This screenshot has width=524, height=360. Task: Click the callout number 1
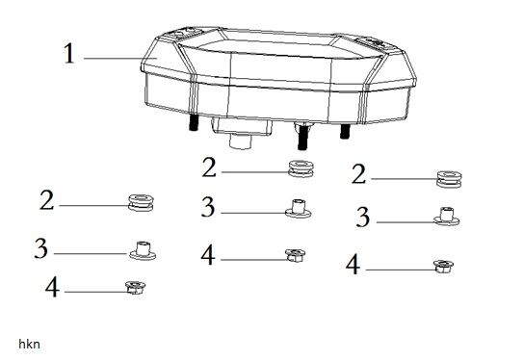pos(69,54)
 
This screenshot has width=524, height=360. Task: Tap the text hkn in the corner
pos(30,344)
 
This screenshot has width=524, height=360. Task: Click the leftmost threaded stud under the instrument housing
pos(194,122)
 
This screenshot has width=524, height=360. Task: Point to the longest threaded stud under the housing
pos(302,136)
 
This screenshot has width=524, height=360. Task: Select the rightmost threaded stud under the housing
pos(345,131)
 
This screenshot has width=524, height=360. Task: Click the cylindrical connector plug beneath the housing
pos(241,141)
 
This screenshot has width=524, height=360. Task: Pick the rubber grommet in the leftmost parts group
pos(141,203)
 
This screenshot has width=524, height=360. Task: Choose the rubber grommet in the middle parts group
pos(301,168)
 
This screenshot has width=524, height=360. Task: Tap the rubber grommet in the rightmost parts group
pos(450,179)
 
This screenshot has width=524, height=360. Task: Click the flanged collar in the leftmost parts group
pos(143,250)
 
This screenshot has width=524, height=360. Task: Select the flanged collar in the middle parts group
pos(298,208)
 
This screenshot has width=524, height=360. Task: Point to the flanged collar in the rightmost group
pos(447,217)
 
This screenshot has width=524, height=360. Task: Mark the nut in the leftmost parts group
pos(136,288)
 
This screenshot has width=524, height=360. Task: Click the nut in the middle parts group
pos(295,255)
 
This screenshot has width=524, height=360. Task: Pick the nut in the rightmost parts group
pos(443,267)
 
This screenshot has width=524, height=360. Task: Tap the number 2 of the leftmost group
pos(46,200)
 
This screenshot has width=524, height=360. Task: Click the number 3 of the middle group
pos(208,207)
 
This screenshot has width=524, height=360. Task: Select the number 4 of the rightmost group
pos(353,265)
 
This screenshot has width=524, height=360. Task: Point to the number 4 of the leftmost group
pos(52,288)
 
